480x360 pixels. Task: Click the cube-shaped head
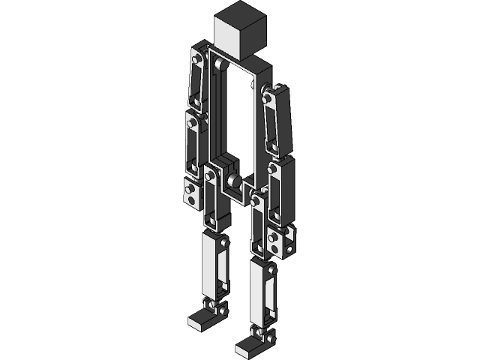pos(240,31)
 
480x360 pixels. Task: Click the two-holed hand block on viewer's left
pos(191,193)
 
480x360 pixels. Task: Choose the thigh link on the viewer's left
pos(212,199)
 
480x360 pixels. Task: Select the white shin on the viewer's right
pos(262,292)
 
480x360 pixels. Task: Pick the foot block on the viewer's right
pos(248,346)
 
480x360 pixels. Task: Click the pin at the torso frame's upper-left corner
pos(217,65)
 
